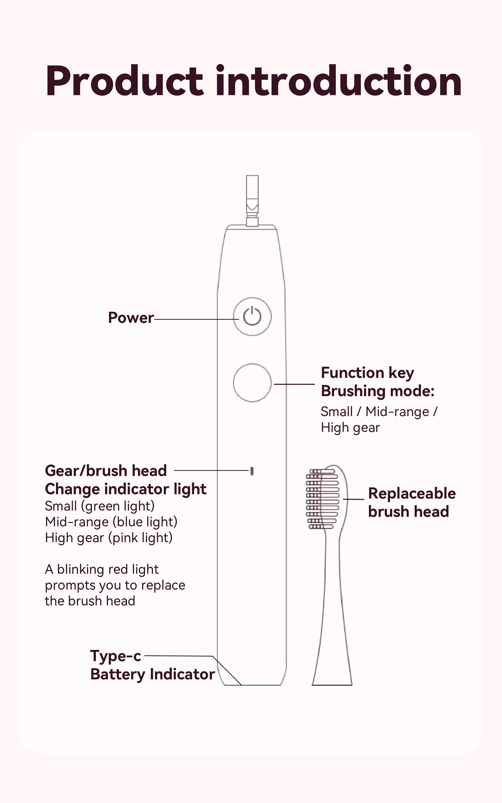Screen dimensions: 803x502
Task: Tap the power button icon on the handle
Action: click(x=252, y=316)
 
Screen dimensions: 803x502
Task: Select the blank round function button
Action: click(x=252, y=383)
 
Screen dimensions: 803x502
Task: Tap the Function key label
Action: click(x=367, y=373)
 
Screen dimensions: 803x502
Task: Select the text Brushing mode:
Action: click(x=377, y=391)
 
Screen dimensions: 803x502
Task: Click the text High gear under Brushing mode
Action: click(x=350, y=428)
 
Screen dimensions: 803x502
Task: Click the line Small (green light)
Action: click(x=100, y=506)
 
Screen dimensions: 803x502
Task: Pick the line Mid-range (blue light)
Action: click(x=111, y=522)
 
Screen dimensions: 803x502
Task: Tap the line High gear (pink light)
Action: click(x=109, y=538)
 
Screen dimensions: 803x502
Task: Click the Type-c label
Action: click(x=116, y=656)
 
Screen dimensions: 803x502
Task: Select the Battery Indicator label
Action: click(x=152, y=674)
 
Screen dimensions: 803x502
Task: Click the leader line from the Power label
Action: click(x=196, y=319)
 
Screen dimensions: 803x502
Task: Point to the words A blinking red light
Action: click(x=102, y=569)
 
